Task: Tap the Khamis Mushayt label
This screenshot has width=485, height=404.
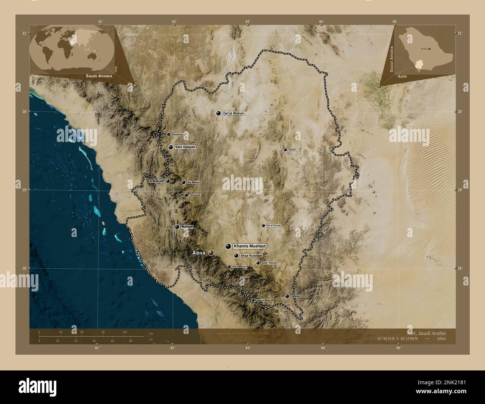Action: [x=250, y=246]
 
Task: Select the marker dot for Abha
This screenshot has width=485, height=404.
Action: [x=211, y=253]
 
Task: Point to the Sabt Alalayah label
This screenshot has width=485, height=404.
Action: [x=185, y=147]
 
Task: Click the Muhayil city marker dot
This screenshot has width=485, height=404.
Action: [x=177, y=227]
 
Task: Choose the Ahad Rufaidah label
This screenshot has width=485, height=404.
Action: [x=251, y=256]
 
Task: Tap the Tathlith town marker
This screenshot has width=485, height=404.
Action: [x=285, y=150]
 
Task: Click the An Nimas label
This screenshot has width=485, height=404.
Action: [x=194, y=182]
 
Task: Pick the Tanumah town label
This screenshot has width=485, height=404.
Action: [x=195, y=195]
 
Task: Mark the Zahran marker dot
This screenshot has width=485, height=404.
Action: [x=287, y=296]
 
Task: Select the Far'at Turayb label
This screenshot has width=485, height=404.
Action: [x=273, y=226]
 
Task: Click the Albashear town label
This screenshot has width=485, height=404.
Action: [x=178, y=134]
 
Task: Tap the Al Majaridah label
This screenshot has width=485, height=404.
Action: [x=157, y=181]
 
